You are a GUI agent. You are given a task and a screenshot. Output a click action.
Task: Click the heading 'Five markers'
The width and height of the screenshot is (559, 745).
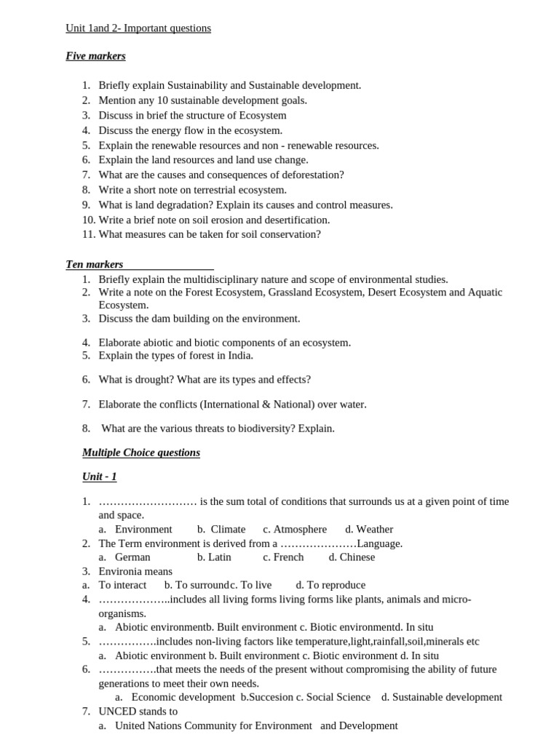coord(95,56)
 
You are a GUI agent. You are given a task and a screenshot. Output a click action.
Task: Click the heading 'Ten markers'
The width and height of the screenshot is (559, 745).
coord(95,264)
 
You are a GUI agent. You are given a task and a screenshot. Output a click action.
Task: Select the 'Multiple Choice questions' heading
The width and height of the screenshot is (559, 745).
coord(141,453)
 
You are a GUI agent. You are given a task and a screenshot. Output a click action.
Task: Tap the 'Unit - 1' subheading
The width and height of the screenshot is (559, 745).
coord(99,477)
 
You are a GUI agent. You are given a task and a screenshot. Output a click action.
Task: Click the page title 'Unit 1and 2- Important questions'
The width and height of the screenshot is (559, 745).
coord(138,28)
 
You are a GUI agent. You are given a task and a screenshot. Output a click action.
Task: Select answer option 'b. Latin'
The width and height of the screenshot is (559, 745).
coord(214,557)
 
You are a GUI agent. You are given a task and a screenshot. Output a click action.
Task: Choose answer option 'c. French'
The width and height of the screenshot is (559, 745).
coord(283,557)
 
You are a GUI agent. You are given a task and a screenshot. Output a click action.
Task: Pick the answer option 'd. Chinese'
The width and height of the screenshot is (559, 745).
coord(352,557)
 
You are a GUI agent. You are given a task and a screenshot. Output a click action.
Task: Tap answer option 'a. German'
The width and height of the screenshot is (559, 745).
coord(124,557)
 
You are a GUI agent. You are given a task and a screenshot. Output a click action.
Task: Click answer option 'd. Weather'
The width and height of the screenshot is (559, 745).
coord(369,530)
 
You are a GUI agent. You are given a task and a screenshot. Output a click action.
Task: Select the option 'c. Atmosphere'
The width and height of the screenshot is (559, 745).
coord(295,530)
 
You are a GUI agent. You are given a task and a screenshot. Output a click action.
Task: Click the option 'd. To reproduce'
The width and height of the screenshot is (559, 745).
coord(330,585)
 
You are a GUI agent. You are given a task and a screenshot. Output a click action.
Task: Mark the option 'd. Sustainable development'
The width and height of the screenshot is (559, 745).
coord(442,697)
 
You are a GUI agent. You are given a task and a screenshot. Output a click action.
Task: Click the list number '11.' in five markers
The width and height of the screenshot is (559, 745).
coord(88,234)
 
